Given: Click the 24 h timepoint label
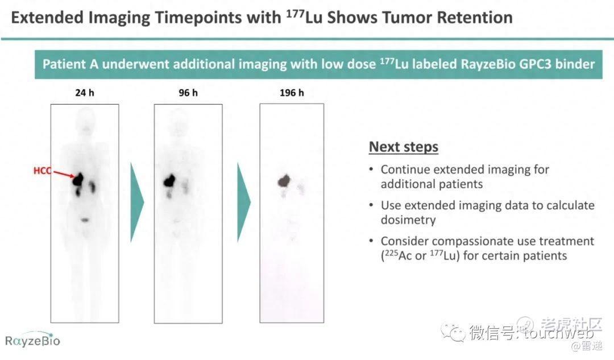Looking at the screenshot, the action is (85, 93).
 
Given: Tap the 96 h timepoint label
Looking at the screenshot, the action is (188, 93).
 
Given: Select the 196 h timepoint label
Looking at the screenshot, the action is (292, 93).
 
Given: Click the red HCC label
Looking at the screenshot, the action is (42, 171).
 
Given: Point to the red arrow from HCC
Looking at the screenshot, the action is (64, 174).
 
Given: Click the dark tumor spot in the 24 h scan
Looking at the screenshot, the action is (78, 180).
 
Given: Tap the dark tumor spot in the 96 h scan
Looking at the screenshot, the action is (169, 180).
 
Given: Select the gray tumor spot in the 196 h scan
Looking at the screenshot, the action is (284, 181).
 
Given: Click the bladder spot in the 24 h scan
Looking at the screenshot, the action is (85, 220).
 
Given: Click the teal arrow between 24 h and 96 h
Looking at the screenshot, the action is (136, 202).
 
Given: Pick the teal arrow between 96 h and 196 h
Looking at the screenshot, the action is (243, 202).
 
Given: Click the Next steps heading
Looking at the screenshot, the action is (403, 147).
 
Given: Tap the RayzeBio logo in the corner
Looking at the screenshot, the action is (32, 340).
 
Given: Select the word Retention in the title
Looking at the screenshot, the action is (475, 18).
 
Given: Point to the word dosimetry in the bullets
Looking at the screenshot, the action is (408, 220).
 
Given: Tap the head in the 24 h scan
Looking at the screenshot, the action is (85, 118).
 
